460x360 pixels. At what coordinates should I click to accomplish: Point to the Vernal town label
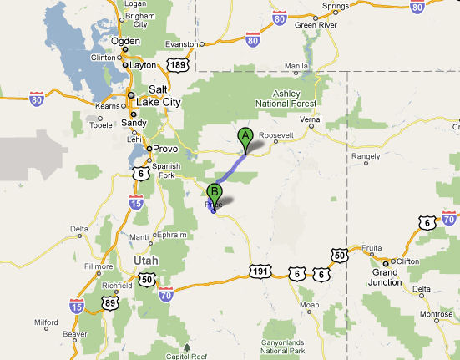[x=311, y=119]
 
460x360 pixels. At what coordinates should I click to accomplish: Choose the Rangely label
[x=366, y=155]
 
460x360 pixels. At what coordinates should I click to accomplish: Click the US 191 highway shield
[x=259, y=271]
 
